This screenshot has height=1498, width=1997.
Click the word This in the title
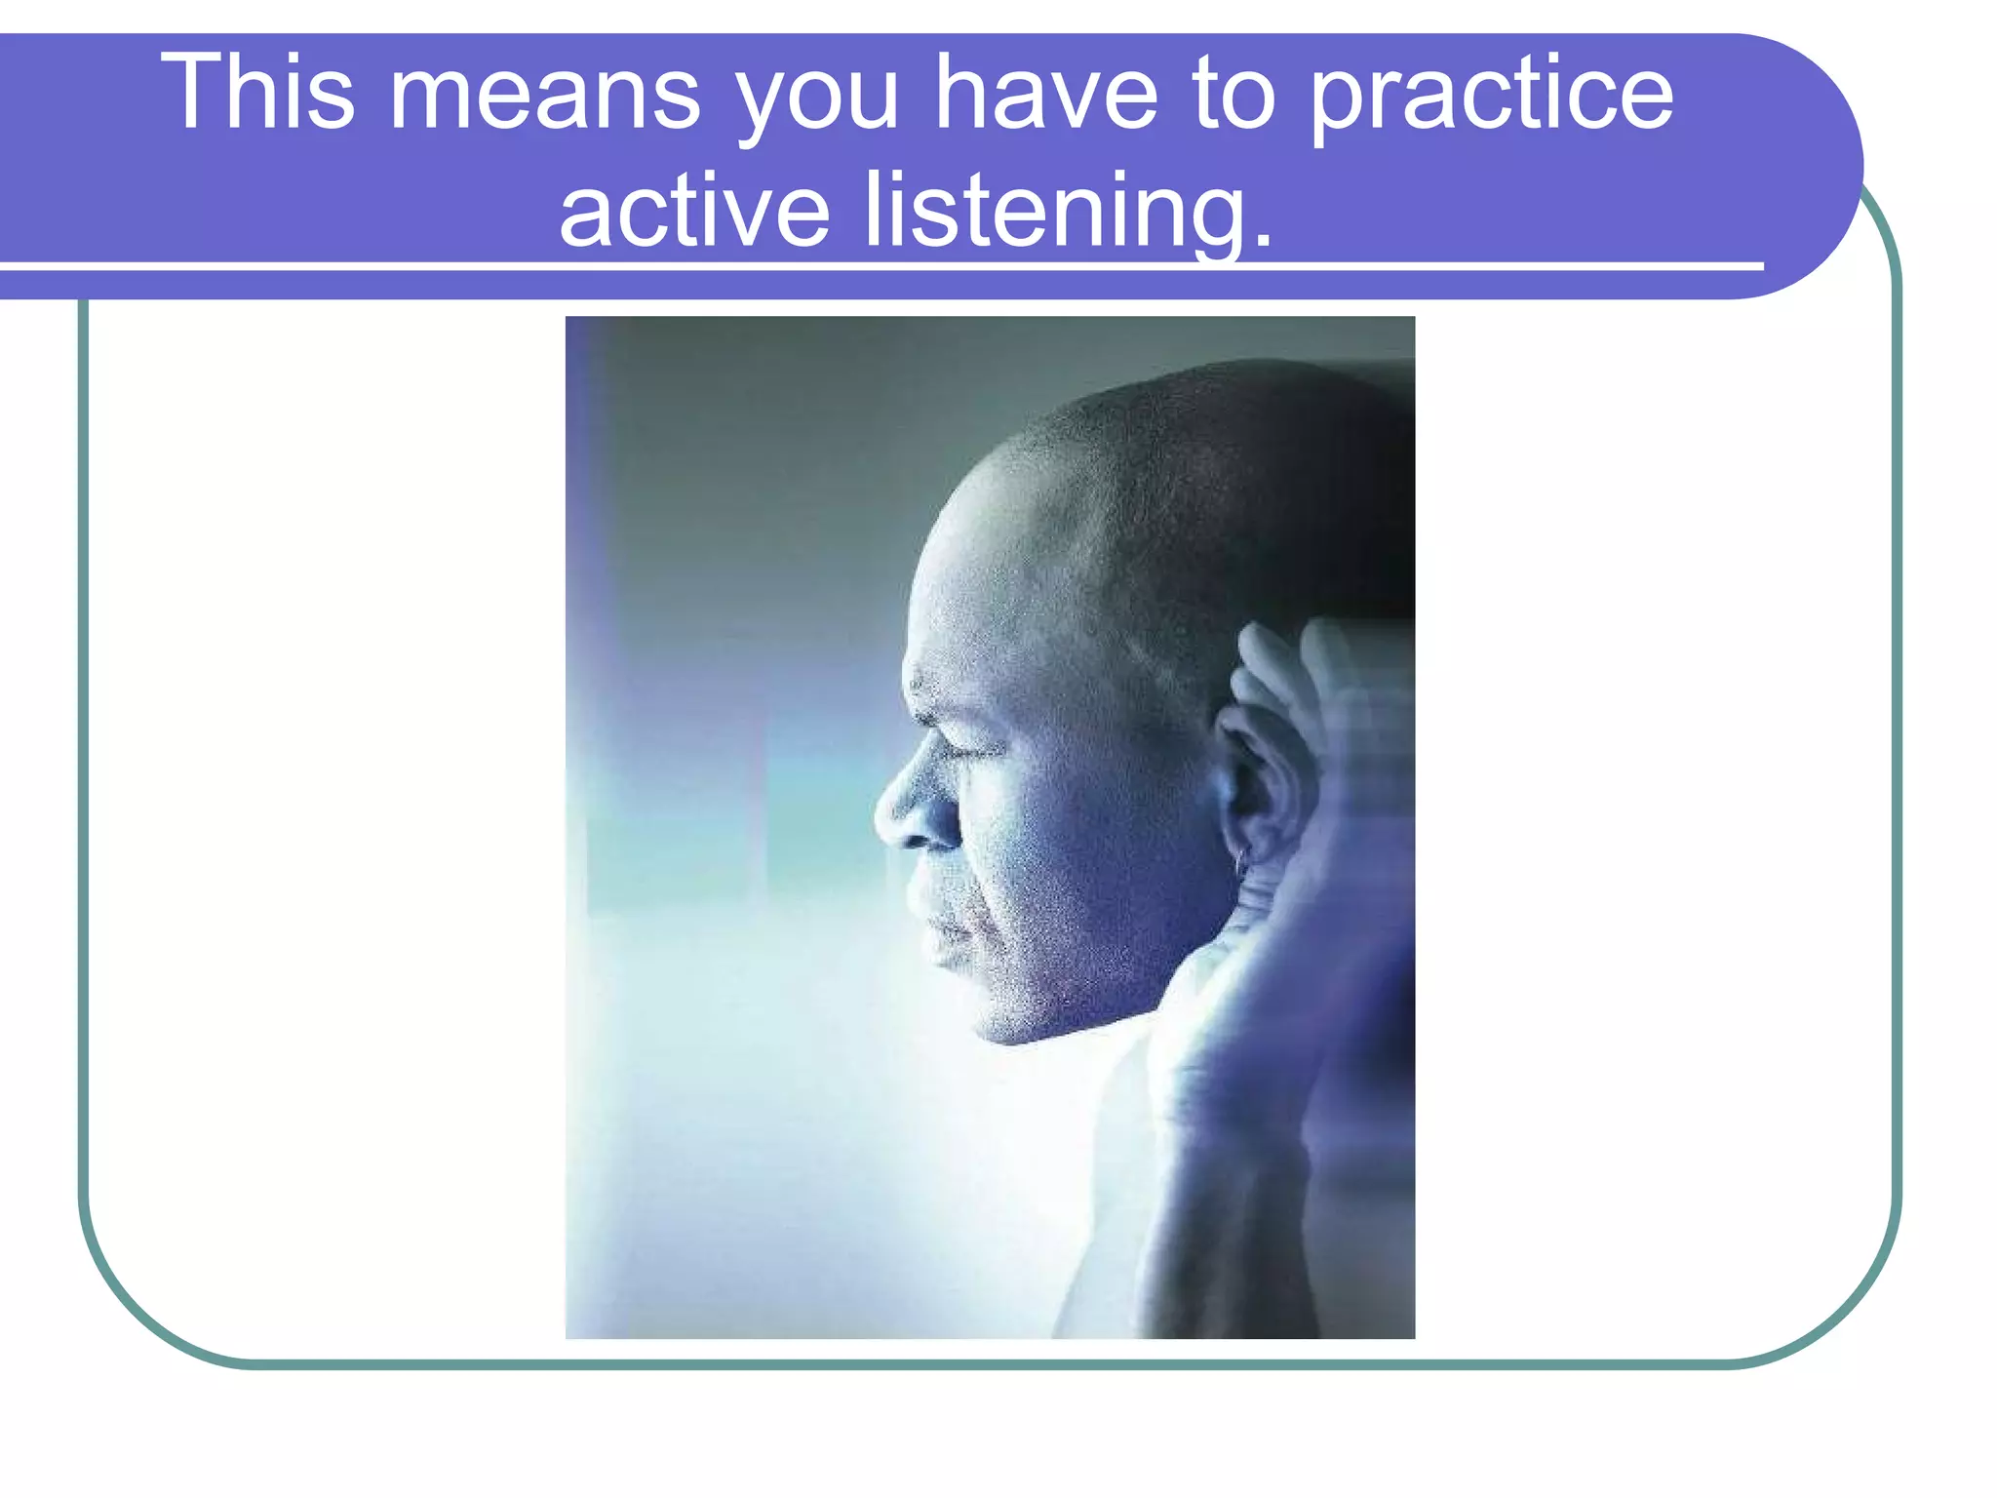pyautogui.click(x=256, y=93)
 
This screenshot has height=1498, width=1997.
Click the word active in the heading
pyautogui.click(x=694, y=211)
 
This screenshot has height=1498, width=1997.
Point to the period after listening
pyautogui.click(x=1264, y=239)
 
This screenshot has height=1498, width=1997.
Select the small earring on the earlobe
pyautogui.click(x=1240, y=861)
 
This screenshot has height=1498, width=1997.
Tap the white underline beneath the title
pyautogui.click(x=878, y=265)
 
